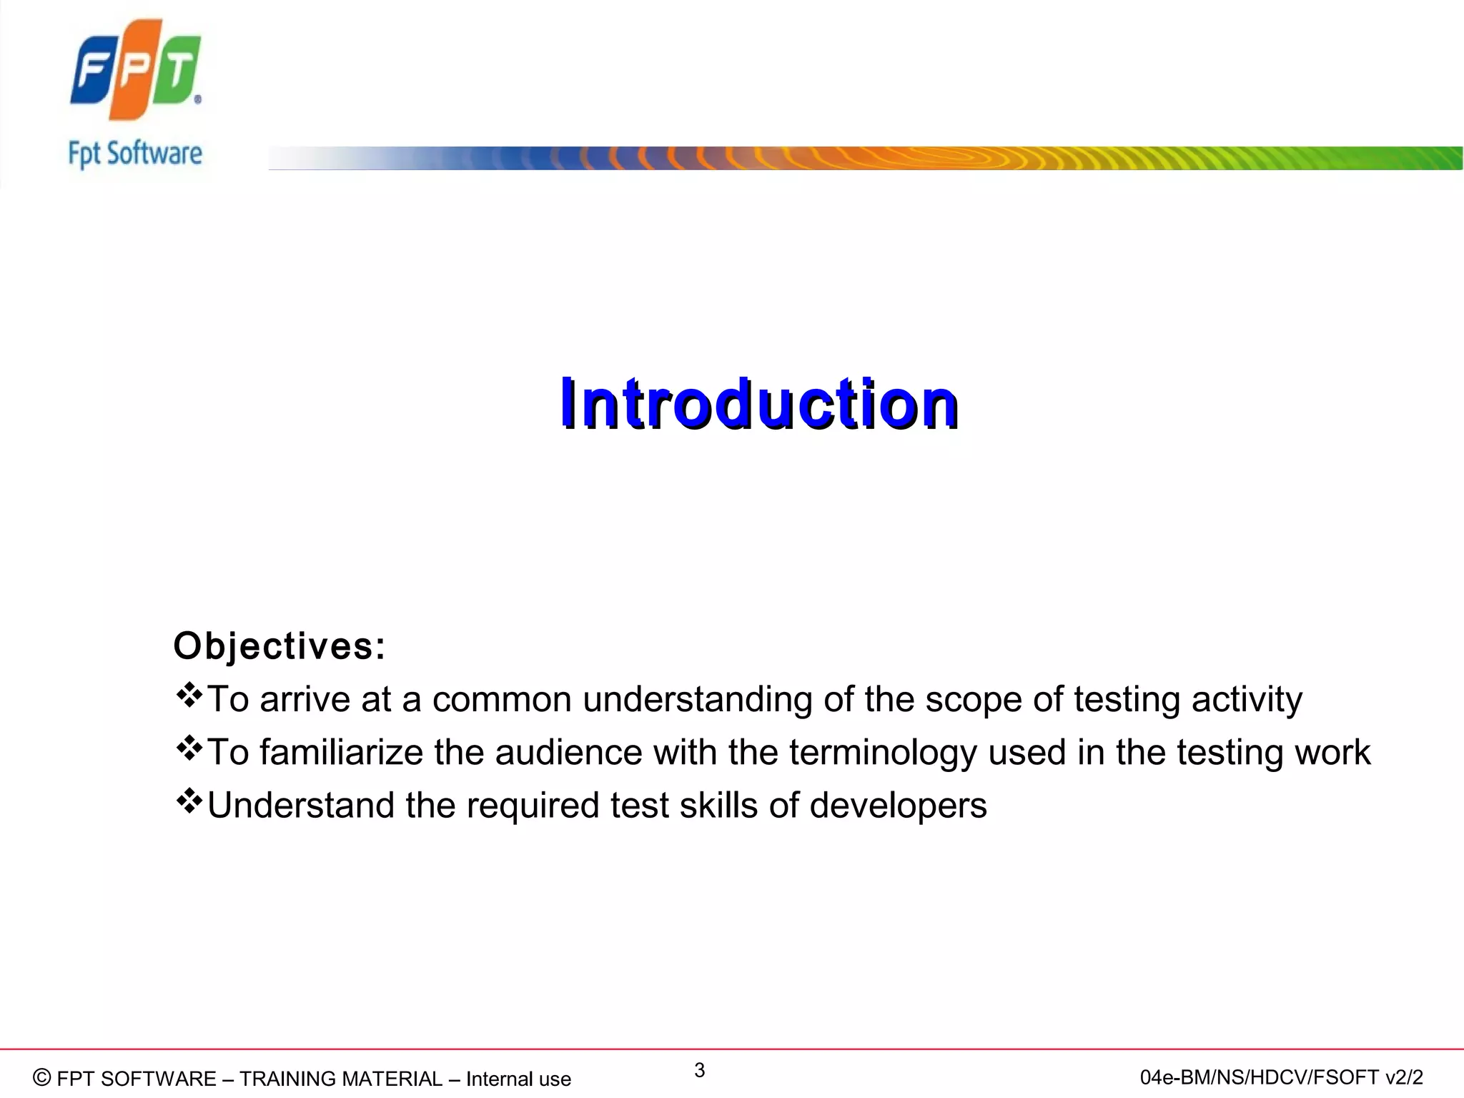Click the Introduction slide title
(x=758, y=405)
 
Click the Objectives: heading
(x=280, y=646)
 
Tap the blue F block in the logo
(x=93, y=71)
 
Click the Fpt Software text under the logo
(x=135, y=154)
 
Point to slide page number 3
(x=699, y=1070)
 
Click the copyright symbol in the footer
(x=42, y=1077)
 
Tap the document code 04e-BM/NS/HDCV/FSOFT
(x=1258, y=1077)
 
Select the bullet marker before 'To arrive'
(x=189, y=696)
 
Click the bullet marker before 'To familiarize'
(x=189, y=748)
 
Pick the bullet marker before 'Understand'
(x=189, y=801)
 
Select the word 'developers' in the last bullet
(x=898, y=806)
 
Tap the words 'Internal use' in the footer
(x=518, y=1079)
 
